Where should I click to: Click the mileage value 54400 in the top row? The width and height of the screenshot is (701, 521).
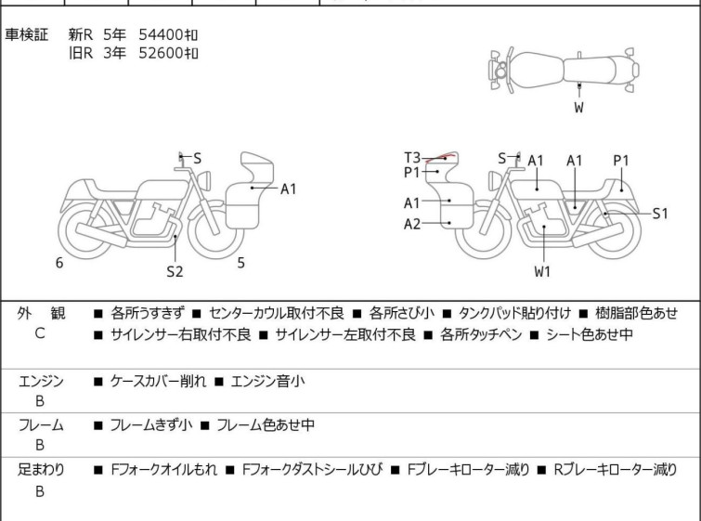(x=161, y=34)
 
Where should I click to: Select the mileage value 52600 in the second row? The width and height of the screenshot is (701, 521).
(x=161, y=53)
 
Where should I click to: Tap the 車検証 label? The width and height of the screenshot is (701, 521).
(x=26, y=34)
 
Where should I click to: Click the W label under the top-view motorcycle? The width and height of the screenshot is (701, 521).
(x=579, y=108)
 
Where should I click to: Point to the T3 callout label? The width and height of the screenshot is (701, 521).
(x=412, y=158)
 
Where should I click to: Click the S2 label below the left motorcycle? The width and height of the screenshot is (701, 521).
(x=175, y=271)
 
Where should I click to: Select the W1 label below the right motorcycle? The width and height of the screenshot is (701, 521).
(x=542, y=271)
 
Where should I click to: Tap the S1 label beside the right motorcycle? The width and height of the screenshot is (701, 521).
(x=660, y=214)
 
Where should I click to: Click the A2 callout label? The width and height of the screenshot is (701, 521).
(x=412, y=224)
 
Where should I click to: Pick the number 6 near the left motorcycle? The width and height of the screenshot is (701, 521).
(x=59, y=263)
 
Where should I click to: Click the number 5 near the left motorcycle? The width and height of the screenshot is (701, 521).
(x=241, y=263)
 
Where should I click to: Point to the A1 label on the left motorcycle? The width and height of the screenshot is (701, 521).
(x=289, y=189)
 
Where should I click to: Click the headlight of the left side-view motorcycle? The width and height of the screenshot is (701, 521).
(x=204, y=181)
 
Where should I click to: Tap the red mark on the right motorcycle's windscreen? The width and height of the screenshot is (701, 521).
(x=440, y=158)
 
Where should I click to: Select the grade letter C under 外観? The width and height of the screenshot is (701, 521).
(x=40, y=333)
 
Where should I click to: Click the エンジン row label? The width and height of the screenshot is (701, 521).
(x=41, y=382)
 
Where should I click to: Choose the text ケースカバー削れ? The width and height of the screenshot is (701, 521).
(x=158, y=382)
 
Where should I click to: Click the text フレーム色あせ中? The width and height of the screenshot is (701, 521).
(x=266, y=424)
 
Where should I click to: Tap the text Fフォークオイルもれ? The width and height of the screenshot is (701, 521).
(x=164, y=470)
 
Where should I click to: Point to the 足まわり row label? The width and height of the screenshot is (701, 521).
(x=41, y=470)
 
